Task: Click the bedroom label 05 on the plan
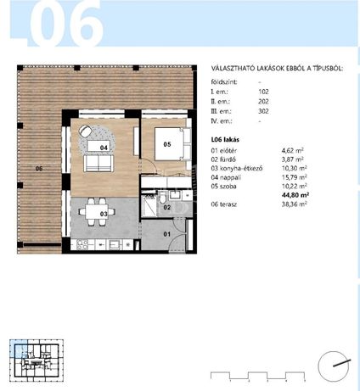(x=167, y=144)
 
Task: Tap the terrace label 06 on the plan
(x=39, y=169)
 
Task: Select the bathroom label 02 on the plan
(x=167, y=207)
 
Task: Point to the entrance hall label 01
(x=167, y=234)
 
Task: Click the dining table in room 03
(x=97, y=212)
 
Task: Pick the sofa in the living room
(x=98, y=164)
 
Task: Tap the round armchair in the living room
(x=85, y=131)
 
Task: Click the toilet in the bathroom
(x=163, y=198)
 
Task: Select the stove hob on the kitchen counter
(x=82, y=244)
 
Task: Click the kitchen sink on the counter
(x=115, y=244)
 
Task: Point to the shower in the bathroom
(x=149, y=205)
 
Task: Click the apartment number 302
(x=263, y=111)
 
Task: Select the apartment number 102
(x=263, y=92)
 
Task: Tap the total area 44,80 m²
(x=295, y=195)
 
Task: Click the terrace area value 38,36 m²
(x=295, y=204)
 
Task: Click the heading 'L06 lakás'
(x=225, y=140)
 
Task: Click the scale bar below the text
(x=257, y=376)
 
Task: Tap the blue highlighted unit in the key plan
(x=19, y=349)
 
